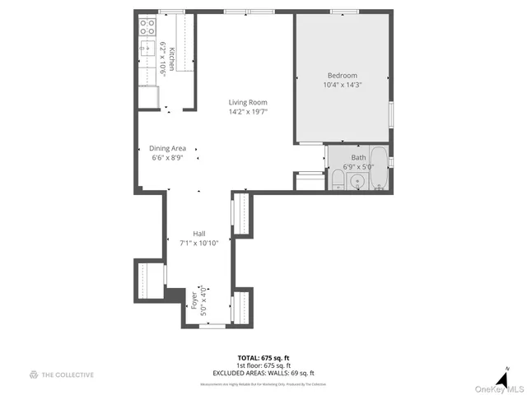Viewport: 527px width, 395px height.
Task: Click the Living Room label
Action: pyautogui.click(x=248, y=103)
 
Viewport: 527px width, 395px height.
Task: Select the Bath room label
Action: pyautogui.click(x=358, y=156)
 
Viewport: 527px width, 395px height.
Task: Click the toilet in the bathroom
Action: pyautogui.click(x=338, y=180)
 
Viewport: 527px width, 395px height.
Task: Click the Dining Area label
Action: pyautogui.click(x=167, y=148)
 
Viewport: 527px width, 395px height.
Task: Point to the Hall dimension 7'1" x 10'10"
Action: pyautogui.click(x=198, y=243)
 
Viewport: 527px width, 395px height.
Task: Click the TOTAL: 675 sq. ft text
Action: pyautogui.click(x=263, y=358)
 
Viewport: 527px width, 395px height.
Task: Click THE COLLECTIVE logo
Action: pyautogui.click(x=62, y=374)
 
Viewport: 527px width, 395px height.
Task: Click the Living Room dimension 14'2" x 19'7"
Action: pyautogui.click(x=248, y=113)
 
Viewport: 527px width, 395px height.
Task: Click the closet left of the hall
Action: pyautogui.click(x=150, y=281)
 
